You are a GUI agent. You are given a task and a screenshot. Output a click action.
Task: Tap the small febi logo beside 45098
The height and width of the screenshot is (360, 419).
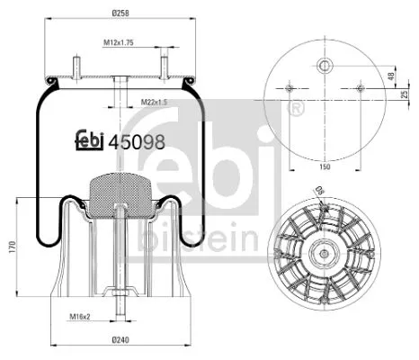87,139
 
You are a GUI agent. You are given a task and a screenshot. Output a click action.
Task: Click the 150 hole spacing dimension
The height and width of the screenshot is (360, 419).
323,166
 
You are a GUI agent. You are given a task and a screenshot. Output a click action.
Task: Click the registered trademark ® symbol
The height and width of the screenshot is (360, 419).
297,108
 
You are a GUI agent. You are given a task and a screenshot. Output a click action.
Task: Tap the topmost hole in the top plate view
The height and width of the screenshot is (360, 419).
323,65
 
